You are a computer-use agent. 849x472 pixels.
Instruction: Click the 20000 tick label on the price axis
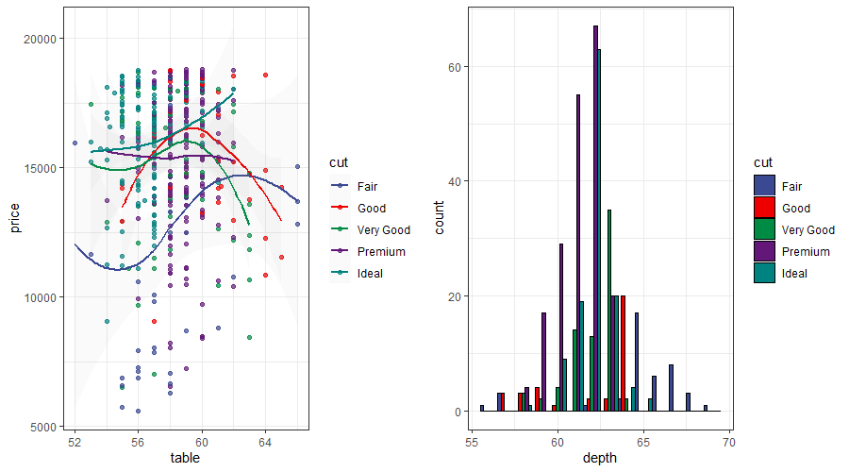[42, 39]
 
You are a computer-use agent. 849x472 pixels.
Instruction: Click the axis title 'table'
[185, 459]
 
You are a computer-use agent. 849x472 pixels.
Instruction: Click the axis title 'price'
[14, 218]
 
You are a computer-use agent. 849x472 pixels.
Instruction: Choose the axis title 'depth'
[601, 459]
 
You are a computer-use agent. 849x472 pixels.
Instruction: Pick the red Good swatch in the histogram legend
[764, 208]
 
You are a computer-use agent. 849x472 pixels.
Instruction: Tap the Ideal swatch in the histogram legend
[764, 273]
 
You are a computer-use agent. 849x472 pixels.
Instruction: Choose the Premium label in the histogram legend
[806, 251]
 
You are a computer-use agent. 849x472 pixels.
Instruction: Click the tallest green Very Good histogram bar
[609, 311]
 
